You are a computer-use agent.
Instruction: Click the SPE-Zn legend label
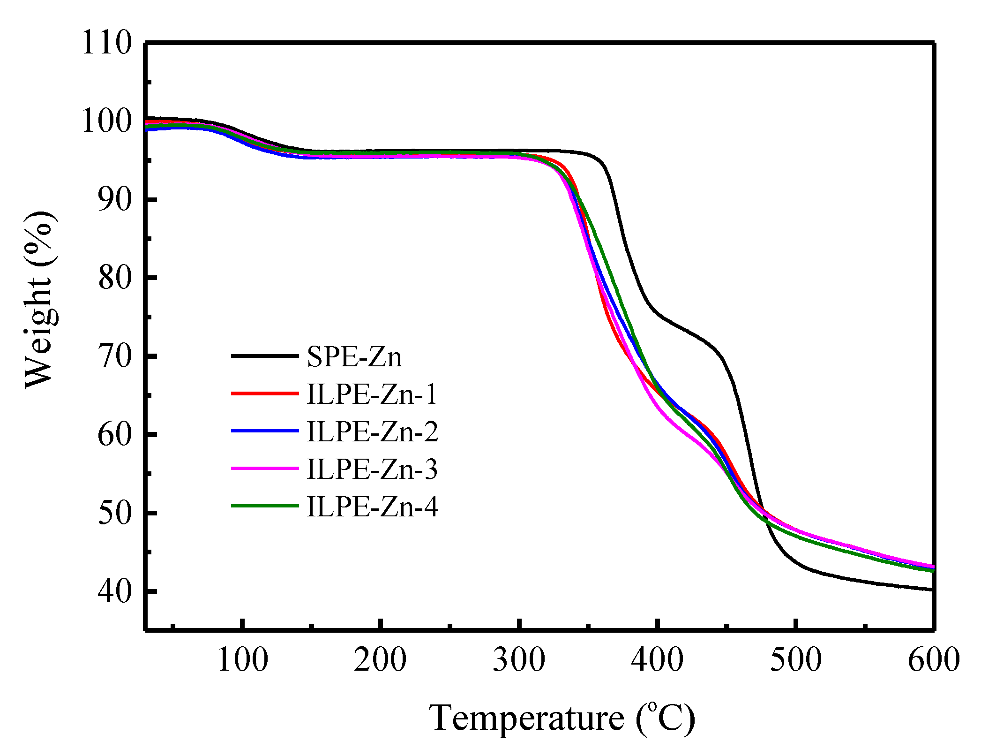point(354,357)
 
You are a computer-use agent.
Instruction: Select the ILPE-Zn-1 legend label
point(372,394)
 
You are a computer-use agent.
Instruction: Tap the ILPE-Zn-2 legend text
point(372,431)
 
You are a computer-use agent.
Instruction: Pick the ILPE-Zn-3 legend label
point(372,469)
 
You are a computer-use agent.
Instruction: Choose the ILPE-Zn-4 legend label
point(372,507)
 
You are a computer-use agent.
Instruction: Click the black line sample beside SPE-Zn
point(265,356)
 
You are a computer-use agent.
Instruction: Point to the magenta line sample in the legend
point(265,468)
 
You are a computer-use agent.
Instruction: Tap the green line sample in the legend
point(265,506)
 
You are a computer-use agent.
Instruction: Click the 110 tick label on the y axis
point(107,43)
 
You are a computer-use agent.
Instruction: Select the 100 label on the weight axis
point(107,121)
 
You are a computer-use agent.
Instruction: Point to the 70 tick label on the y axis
point(115,356)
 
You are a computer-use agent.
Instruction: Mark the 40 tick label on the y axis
point(115,591)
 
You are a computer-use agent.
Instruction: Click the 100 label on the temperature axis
point(242,660)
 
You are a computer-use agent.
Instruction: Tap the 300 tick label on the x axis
point(519,660)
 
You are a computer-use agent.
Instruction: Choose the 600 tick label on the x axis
point(933,660)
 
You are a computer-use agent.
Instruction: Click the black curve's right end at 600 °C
point(932,589)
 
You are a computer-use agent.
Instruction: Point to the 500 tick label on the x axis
point(796,660)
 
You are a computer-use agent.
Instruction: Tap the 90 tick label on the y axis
point(115,200)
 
